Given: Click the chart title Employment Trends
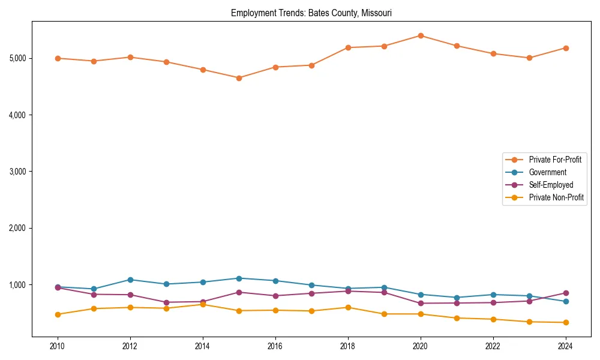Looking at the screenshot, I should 311,13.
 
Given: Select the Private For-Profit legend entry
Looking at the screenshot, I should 554,160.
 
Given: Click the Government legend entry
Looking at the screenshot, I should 547,172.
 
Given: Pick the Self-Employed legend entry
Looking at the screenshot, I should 551,185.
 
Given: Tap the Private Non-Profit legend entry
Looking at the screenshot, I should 556,197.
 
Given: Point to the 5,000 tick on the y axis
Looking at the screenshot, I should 17,58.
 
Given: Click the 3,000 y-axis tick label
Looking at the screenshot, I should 17,172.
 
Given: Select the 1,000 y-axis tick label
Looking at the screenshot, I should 17,285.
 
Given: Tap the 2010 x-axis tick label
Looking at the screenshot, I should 58,346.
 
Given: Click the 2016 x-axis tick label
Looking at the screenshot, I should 275,346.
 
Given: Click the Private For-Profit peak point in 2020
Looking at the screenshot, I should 421,35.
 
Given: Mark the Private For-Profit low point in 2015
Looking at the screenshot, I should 239,78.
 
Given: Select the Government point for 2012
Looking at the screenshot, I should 130,280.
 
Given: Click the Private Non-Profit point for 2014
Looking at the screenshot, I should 203,304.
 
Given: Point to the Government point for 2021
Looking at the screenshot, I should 457,298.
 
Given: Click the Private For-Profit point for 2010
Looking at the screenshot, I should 58,58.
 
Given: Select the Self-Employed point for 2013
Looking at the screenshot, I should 166,302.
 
